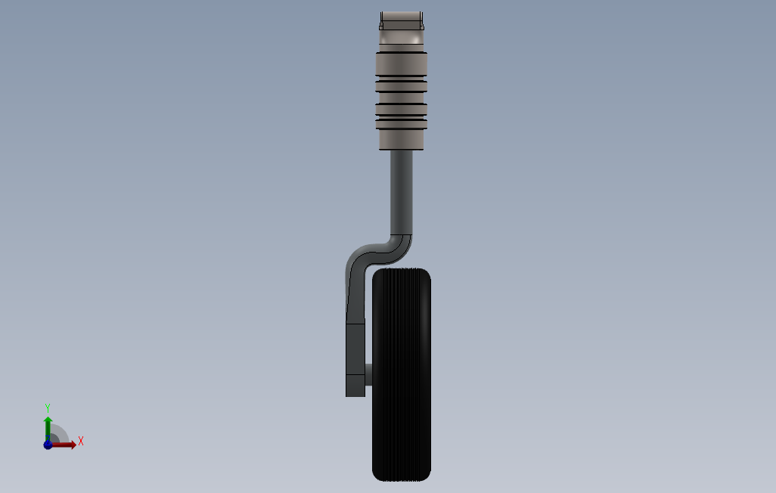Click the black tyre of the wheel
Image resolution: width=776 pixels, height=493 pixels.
pos(402,375)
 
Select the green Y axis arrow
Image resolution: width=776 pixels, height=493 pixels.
pos(48,427)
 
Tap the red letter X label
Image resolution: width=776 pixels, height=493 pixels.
pos(81,441)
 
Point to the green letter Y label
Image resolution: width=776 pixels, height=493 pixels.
pos(48,408)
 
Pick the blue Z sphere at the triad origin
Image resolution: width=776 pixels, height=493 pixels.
pos(48,445)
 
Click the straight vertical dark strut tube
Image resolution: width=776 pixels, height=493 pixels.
pos(402,192)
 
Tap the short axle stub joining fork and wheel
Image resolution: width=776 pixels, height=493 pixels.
pos(368,375)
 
